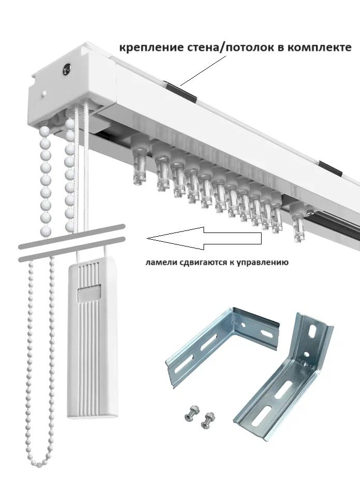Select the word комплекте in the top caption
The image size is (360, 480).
coord(320,48)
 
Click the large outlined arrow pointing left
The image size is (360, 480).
coord(205,238)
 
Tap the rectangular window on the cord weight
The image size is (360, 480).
coord(89,293)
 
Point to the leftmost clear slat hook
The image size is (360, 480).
coord(140,161)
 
